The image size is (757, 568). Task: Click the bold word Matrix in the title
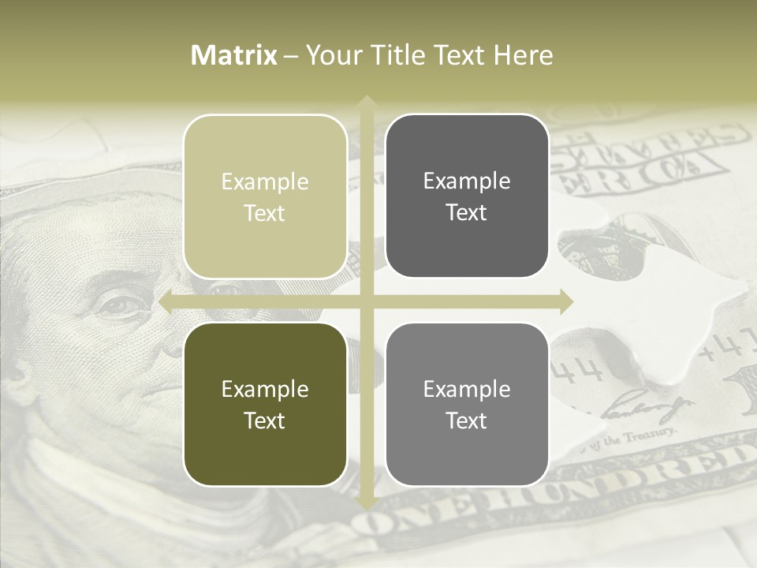234,55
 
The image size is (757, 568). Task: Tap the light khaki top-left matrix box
265,196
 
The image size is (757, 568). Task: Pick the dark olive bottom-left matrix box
265,404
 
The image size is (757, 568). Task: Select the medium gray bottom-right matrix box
467,404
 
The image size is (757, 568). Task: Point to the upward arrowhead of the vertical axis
367,102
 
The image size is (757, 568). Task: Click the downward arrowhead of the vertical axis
367,503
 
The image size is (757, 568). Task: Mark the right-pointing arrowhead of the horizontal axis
565,301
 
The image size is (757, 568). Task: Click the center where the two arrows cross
367,301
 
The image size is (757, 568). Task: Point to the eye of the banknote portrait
118,303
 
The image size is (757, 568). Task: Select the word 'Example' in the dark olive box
265,389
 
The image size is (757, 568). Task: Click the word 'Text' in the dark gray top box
467,212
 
